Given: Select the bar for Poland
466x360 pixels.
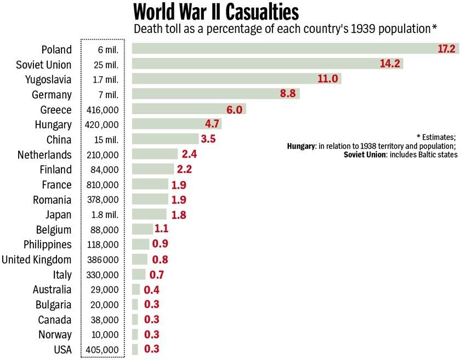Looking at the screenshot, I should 285,49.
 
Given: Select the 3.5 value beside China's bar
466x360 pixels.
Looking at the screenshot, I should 208,139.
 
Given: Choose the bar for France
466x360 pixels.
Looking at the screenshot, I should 150,184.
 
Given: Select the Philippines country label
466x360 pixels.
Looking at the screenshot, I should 48,245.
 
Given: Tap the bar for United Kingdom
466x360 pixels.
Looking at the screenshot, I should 140,260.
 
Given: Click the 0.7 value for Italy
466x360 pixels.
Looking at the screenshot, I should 156,274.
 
